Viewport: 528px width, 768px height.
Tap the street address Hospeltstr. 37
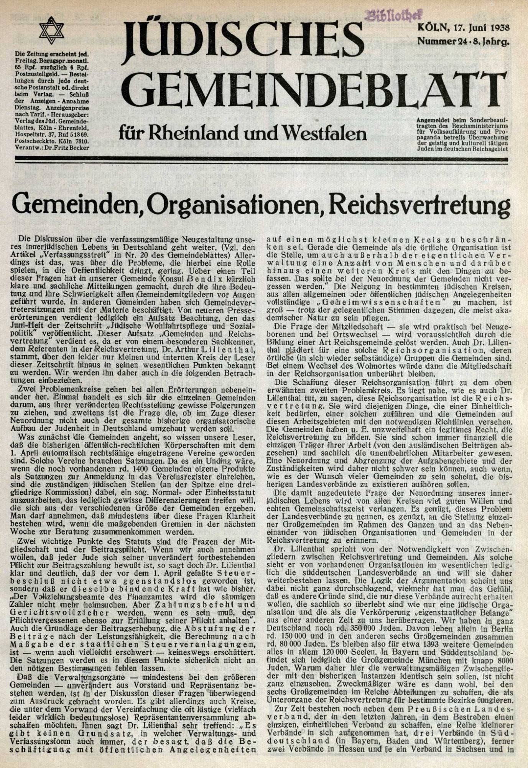point(40,135)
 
